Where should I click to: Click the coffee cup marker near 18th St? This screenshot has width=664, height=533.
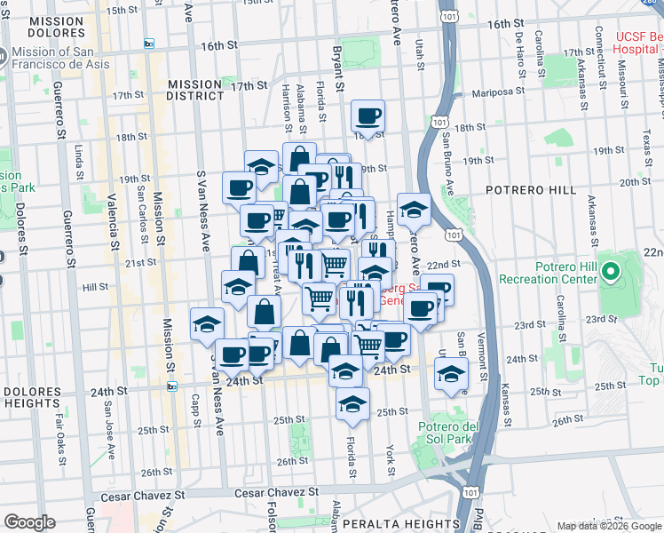click(368, 116)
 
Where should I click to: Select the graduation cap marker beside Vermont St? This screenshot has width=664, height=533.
click(451, 374)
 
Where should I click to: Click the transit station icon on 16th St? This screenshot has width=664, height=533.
click(149, 44)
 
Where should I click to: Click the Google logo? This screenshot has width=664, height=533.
click(29, 522)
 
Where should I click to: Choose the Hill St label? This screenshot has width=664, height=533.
click(94, 287)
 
